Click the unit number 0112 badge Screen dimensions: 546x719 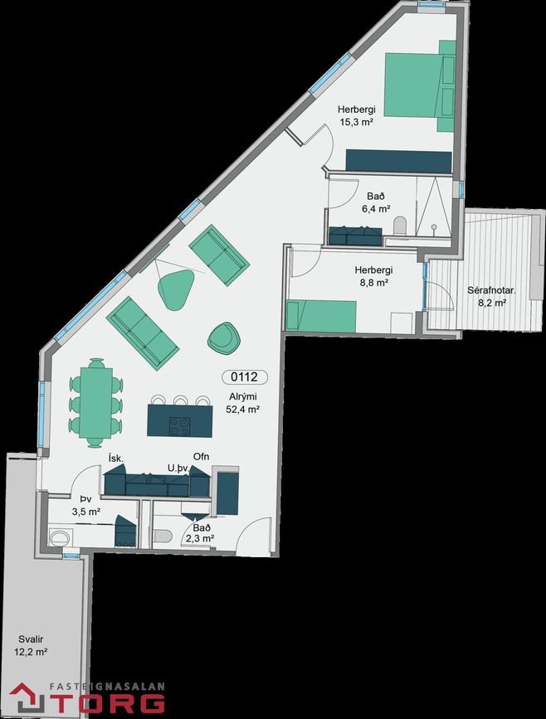(245, 377)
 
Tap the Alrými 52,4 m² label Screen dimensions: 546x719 (243, 403)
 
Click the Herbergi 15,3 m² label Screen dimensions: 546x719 (357, 115)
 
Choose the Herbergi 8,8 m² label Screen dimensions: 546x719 (373, 276)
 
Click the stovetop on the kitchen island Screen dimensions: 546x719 (180, 426)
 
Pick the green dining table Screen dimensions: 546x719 (96, 402)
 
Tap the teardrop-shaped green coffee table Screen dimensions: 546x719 (176, 289)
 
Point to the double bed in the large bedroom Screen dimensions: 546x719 (420, 85)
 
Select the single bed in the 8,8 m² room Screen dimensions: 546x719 (321, 315)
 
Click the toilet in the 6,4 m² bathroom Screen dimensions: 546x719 (400, 225)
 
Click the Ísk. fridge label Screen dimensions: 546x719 (115, 458)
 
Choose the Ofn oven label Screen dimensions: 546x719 (201, 456)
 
